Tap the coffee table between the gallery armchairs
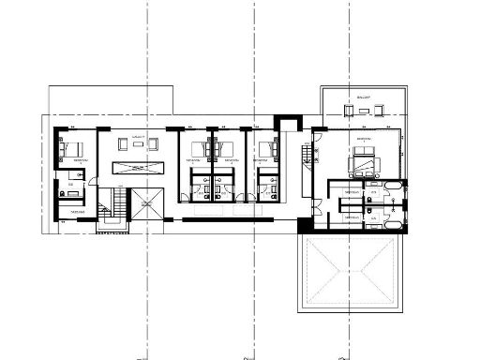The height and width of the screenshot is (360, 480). [138, 145]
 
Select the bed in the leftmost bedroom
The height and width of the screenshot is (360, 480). [73, 148]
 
